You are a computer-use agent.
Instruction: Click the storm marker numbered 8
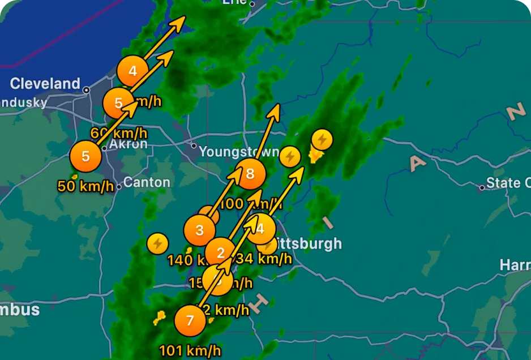[250, 174]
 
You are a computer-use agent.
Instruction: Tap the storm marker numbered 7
[190, 321]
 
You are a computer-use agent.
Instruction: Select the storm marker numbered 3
[200, 230]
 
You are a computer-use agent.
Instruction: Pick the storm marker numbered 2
[221, 253]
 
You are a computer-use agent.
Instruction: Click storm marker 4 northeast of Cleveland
[132, 71]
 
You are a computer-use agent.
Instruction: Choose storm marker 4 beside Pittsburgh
[260, 229]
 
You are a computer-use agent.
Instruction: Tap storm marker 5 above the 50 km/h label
[85, 156]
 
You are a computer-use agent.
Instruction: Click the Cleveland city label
[45, 84]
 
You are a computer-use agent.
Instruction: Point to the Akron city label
[128, 144]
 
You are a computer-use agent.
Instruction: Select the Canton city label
[147, 182]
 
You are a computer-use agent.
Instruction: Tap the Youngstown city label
[239, 152]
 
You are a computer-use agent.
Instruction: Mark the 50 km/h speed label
[86, 186]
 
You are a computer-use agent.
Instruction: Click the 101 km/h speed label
[190, 350]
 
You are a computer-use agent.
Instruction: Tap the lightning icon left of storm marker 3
[157, 243]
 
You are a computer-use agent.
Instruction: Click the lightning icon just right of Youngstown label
[290, 156]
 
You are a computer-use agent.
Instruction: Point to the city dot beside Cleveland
[86, 90]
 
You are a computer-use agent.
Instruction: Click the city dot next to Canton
[119, 186]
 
